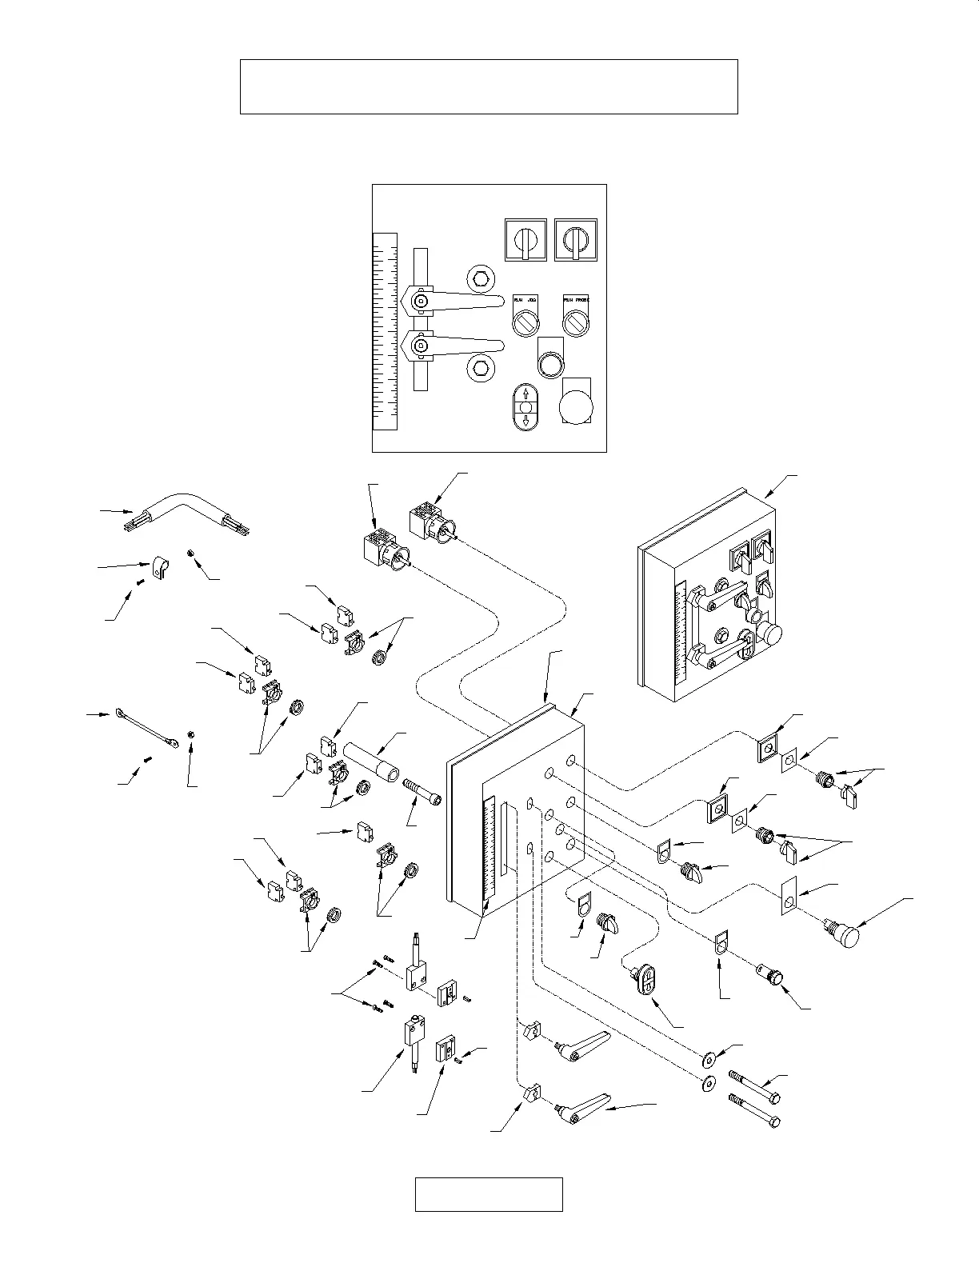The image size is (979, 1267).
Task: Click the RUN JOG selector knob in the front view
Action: (x=525, y=322)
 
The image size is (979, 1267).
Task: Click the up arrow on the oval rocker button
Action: (x=525, y=394)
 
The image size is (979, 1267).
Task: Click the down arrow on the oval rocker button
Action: (x=525, y=421)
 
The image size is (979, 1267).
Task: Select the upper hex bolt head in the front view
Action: (x=481, y=278)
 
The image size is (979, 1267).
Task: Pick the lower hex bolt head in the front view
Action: (x=481, y=367)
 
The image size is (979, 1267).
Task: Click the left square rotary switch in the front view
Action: (x=525, y=239)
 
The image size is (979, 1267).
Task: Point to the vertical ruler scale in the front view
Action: (x=385, y=331)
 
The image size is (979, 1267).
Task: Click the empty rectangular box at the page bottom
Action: (x=489, y=1194)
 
